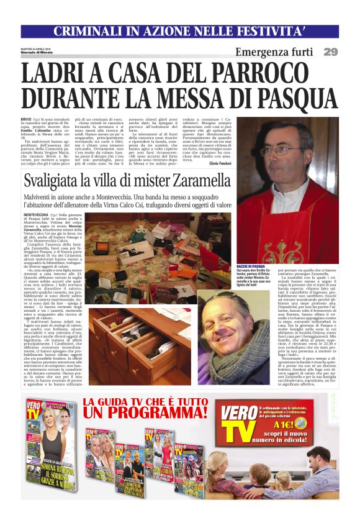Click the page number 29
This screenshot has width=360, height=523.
click(330, 52)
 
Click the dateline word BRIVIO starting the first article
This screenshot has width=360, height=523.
click(25, 118)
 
